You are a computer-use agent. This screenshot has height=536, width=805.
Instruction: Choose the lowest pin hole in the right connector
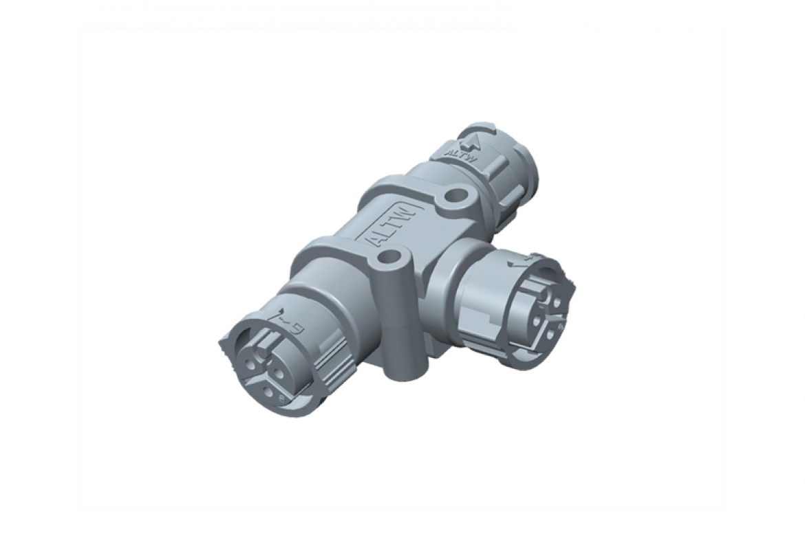[x=550, y=336]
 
